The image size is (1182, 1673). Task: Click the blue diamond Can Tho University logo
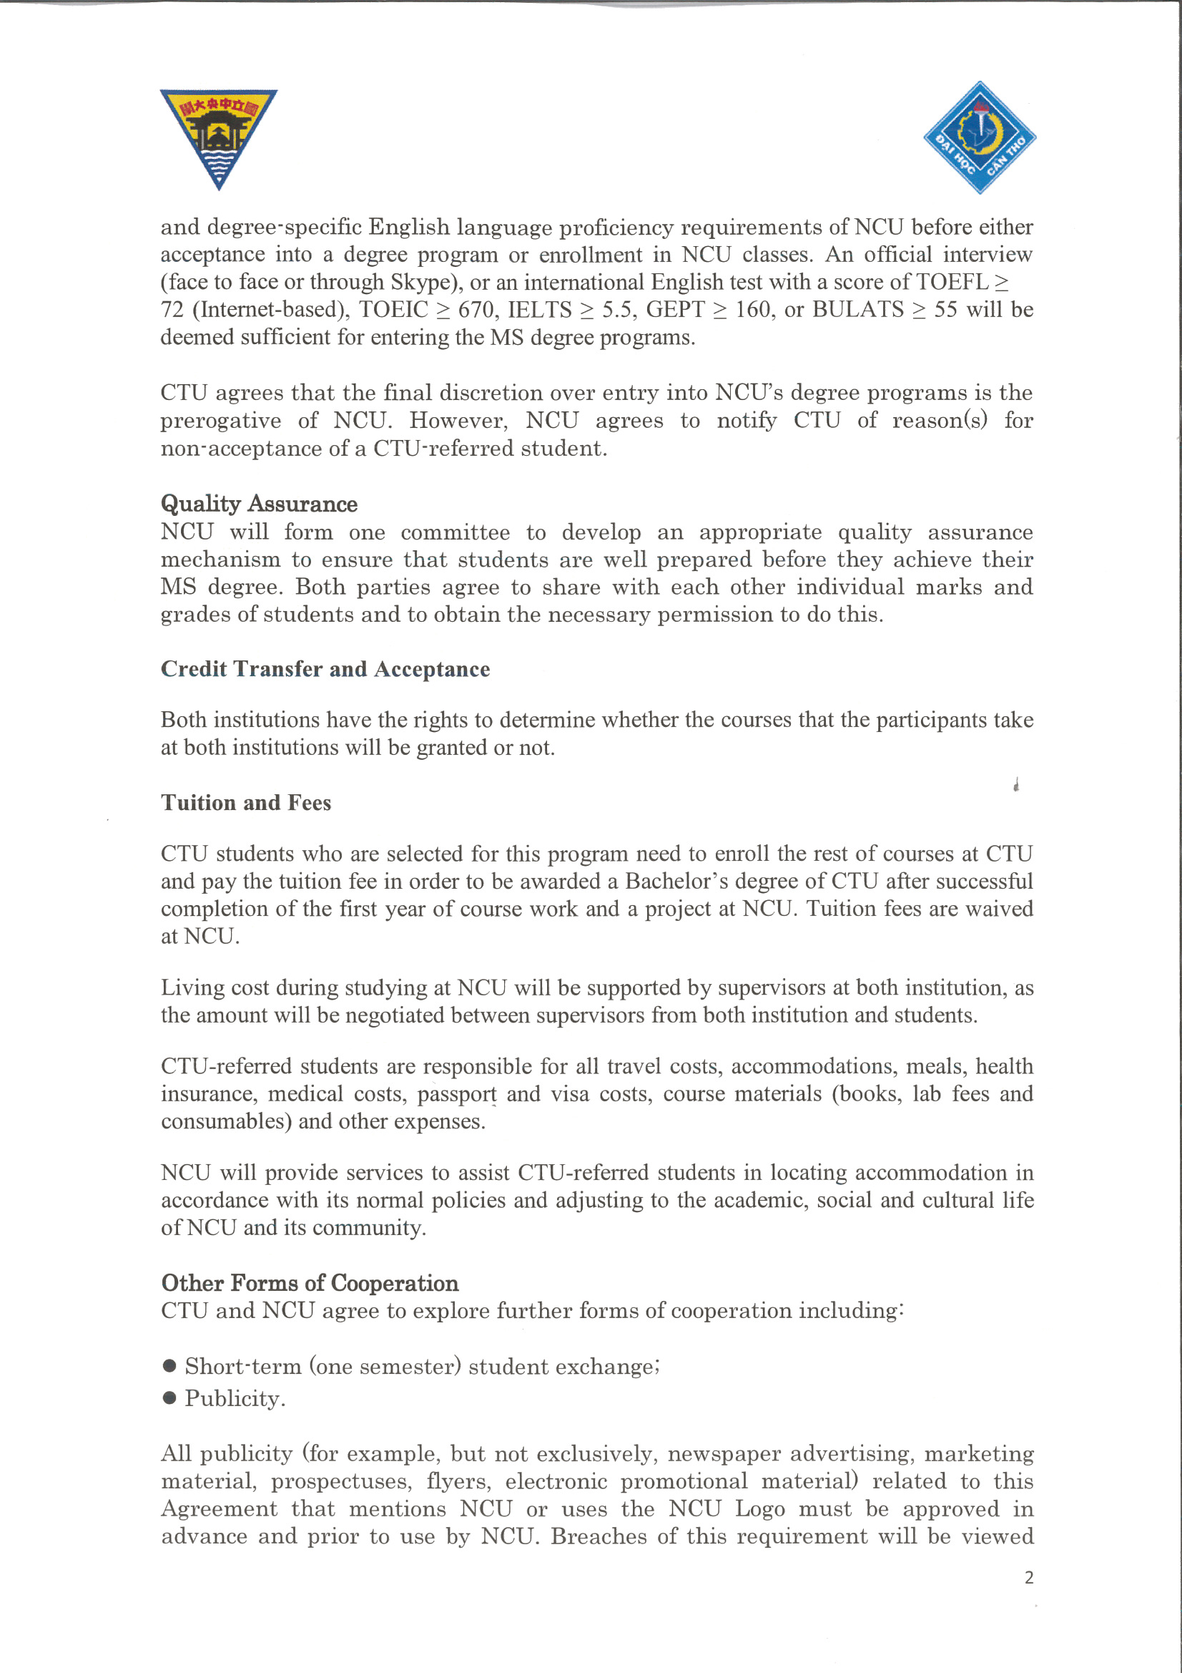click(x=980, y=137)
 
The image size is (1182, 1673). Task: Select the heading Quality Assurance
click(x=259, y=504)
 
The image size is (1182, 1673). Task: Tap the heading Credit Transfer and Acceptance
click(x=325, y=669)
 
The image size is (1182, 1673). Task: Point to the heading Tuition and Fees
click(x=245, y=802)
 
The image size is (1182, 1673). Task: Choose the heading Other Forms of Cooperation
click(x=310, y=1282)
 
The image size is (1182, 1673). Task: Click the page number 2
click(x=1028, y=1578)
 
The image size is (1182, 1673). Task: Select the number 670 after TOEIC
click(x=474, y=310)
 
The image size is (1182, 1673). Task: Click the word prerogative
click(x=220, y=421)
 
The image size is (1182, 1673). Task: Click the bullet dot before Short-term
click(x=169, y=1365)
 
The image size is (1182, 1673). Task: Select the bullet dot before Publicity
click(x=169, y=1398)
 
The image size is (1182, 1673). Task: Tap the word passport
click(x=457, y=1093)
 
